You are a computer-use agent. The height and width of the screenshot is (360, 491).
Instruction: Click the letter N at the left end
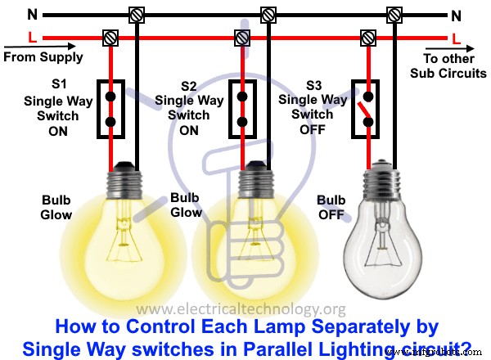[x=31, y=14]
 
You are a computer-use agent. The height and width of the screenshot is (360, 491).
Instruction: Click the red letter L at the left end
[x=31, y=38]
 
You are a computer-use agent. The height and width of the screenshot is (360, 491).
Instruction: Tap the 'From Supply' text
[x=43, y=57]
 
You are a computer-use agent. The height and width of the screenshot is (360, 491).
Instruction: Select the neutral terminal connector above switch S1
[x=135, y=14]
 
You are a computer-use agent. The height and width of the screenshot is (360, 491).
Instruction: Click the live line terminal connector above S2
[x=241, y=38]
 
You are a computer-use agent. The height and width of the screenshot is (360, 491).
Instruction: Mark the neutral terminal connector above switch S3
[x=394, y=14]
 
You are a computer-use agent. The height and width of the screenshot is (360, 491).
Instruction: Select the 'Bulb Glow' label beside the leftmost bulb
[x=57, y=208]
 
